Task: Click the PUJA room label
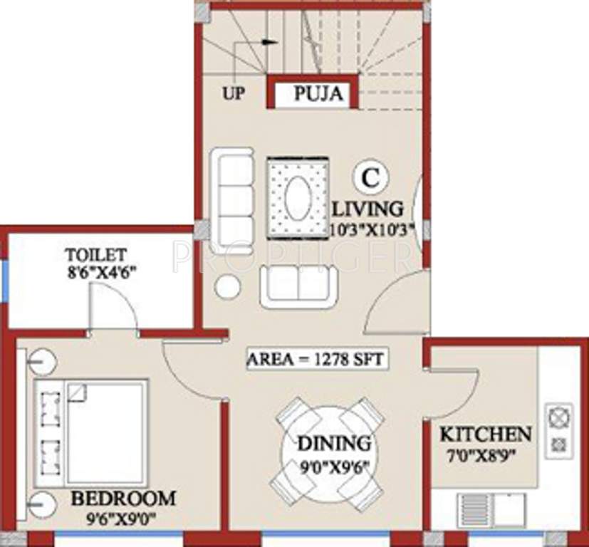(318, 93)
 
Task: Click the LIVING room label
(369, 209)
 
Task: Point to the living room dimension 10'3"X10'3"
(369, 229)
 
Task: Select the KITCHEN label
(485, 434)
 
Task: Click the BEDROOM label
(123, 498)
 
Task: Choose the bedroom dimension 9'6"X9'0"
(123, 518)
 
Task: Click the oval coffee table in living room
(298, 196)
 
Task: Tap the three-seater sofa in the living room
(233, 192)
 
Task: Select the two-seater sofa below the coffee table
(298, 286)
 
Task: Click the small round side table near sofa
(228, 286)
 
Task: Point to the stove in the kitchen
(559, 429)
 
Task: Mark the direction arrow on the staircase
(269, 41)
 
